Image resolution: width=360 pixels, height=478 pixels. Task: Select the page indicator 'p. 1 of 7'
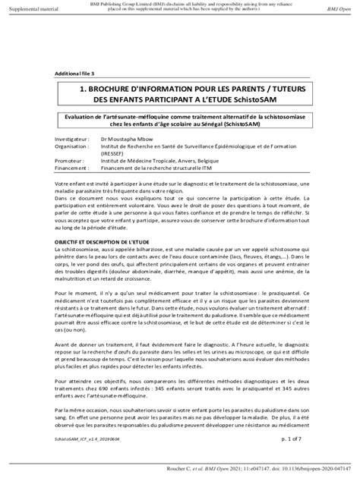click(291, 438)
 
